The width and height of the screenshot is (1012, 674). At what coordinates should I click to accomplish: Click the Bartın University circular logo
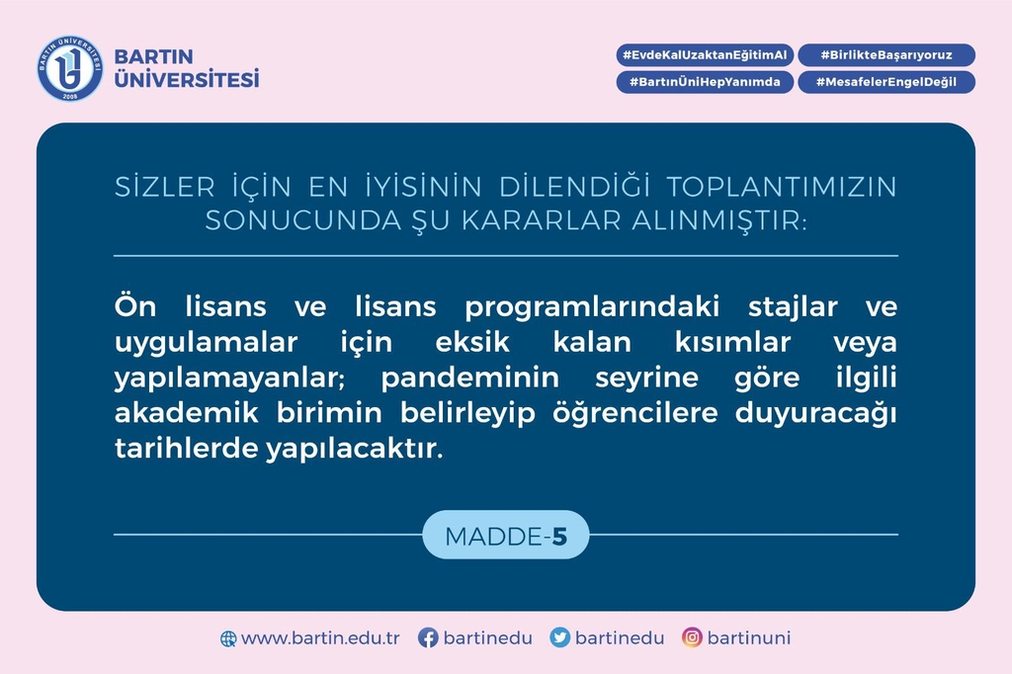point(70,68)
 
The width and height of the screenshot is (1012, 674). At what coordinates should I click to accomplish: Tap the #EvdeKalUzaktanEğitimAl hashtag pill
point(705,55)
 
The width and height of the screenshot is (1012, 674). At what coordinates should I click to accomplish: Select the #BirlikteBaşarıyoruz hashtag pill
point(886,55)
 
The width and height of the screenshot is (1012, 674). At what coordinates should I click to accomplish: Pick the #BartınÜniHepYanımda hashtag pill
point(705,82)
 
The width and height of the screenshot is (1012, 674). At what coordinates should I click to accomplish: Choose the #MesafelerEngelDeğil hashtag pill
point(886,82)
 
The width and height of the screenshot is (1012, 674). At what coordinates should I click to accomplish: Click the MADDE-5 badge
point(506,536)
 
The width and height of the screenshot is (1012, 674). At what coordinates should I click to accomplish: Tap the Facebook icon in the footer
point(428,637)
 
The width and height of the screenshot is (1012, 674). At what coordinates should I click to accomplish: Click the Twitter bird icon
point(559,637)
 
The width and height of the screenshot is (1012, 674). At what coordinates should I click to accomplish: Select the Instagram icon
point(692,637)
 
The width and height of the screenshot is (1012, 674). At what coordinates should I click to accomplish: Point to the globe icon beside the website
point(228,638)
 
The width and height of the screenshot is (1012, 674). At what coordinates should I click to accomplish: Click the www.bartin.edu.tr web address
point(320,638)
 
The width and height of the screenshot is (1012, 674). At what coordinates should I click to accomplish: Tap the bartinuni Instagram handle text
point(749,637)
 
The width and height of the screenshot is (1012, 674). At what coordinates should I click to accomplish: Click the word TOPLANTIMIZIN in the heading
point(782,187)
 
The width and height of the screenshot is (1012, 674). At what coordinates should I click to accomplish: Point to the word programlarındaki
point(592,307)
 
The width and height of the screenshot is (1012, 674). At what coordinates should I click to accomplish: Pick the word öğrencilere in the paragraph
point(635,413)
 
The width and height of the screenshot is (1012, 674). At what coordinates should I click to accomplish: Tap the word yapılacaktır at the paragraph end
point(355,449)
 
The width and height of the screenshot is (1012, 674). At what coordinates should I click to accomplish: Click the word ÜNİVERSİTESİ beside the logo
point(187,79)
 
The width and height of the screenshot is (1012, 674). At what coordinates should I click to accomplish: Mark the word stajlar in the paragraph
point(793,307)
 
